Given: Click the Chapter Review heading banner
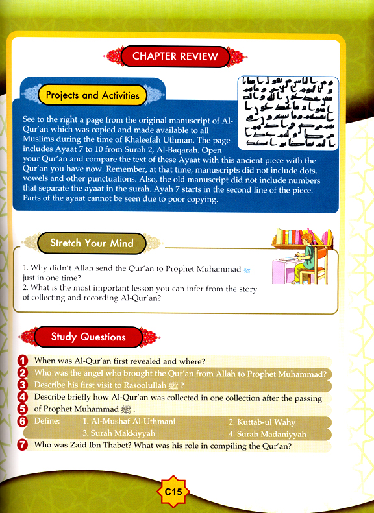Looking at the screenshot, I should (175, 56).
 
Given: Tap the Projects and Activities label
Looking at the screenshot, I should (92, 95).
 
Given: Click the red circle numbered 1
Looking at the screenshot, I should (23, 360).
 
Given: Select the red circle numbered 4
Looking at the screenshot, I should (23, 397).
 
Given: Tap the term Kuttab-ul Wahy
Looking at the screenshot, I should (260, 422).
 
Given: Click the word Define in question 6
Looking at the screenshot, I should (47, 422).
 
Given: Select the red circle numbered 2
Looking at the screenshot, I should (23, 373).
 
